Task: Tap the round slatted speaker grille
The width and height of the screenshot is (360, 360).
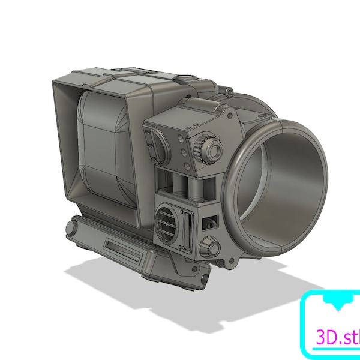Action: pos(167,224)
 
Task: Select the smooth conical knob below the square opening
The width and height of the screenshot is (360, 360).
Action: pos(209,247)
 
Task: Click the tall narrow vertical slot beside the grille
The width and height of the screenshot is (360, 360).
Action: pos(187,230)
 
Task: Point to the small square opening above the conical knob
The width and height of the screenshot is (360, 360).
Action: pos(209,223)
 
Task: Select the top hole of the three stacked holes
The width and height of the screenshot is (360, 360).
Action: pos(181,138)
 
